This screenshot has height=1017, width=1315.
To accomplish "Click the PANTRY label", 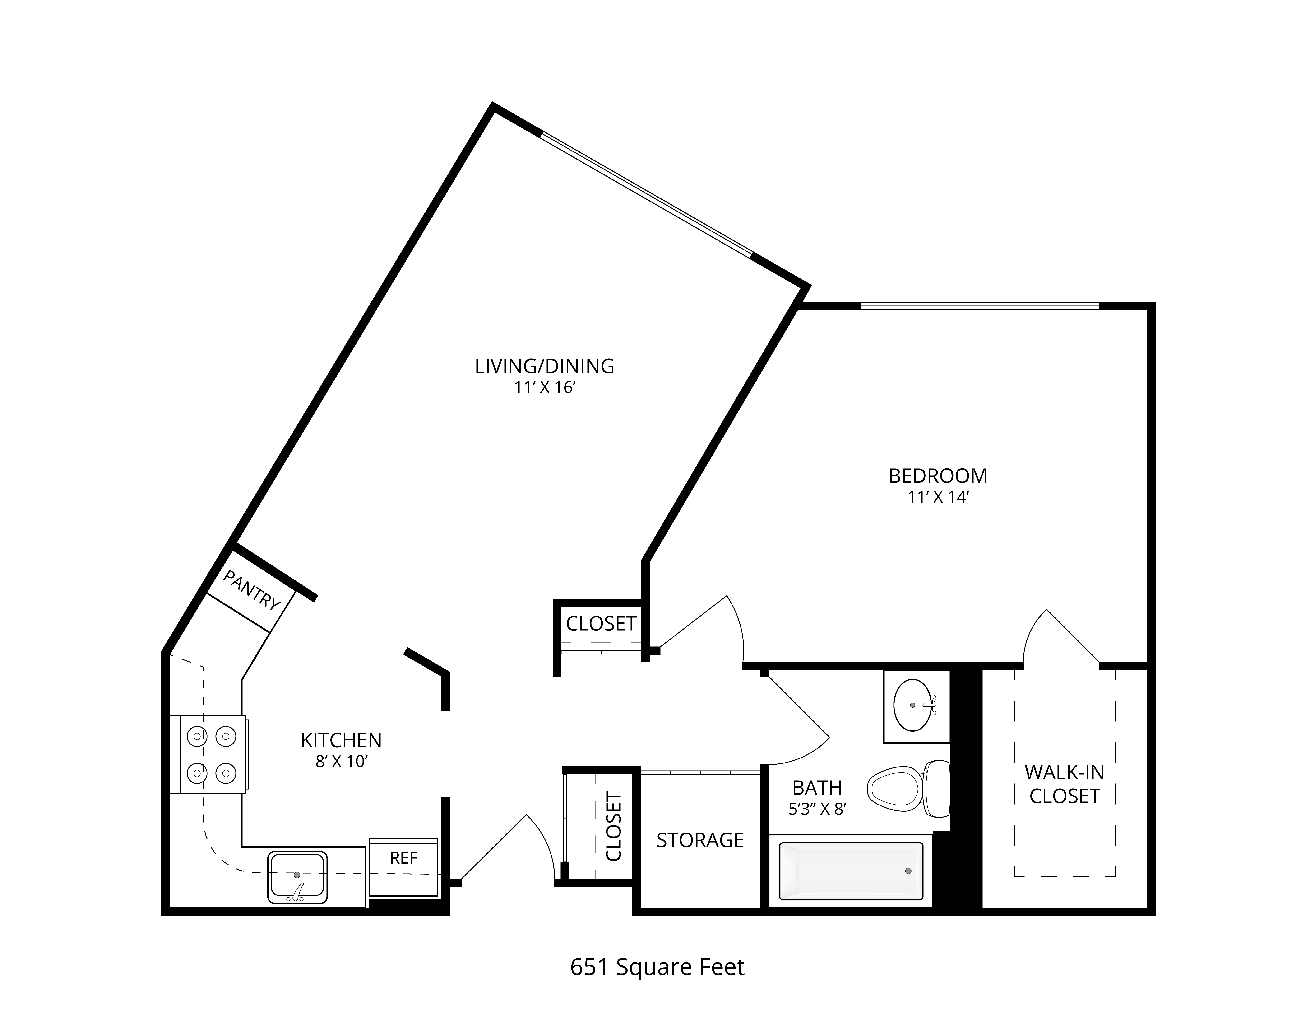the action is (x=252, y=590).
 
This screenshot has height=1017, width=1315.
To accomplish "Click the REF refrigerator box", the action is (x=403, y=868).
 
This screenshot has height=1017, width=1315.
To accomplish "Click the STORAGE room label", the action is (x=700, y=840).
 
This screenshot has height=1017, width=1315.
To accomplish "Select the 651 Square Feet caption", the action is (x=657, y=967).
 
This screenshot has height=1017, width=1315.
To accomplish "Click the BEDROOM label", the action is (x=938, y=476).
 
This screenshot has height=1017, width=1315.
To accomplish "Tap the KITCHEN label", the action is (x=341, y=740).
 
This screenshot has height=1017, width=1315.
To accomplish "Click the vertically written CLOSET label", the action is (x=613, y=827).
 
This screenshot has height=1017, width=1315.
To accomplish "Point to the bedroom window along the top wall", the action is (x=980, y=306).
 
